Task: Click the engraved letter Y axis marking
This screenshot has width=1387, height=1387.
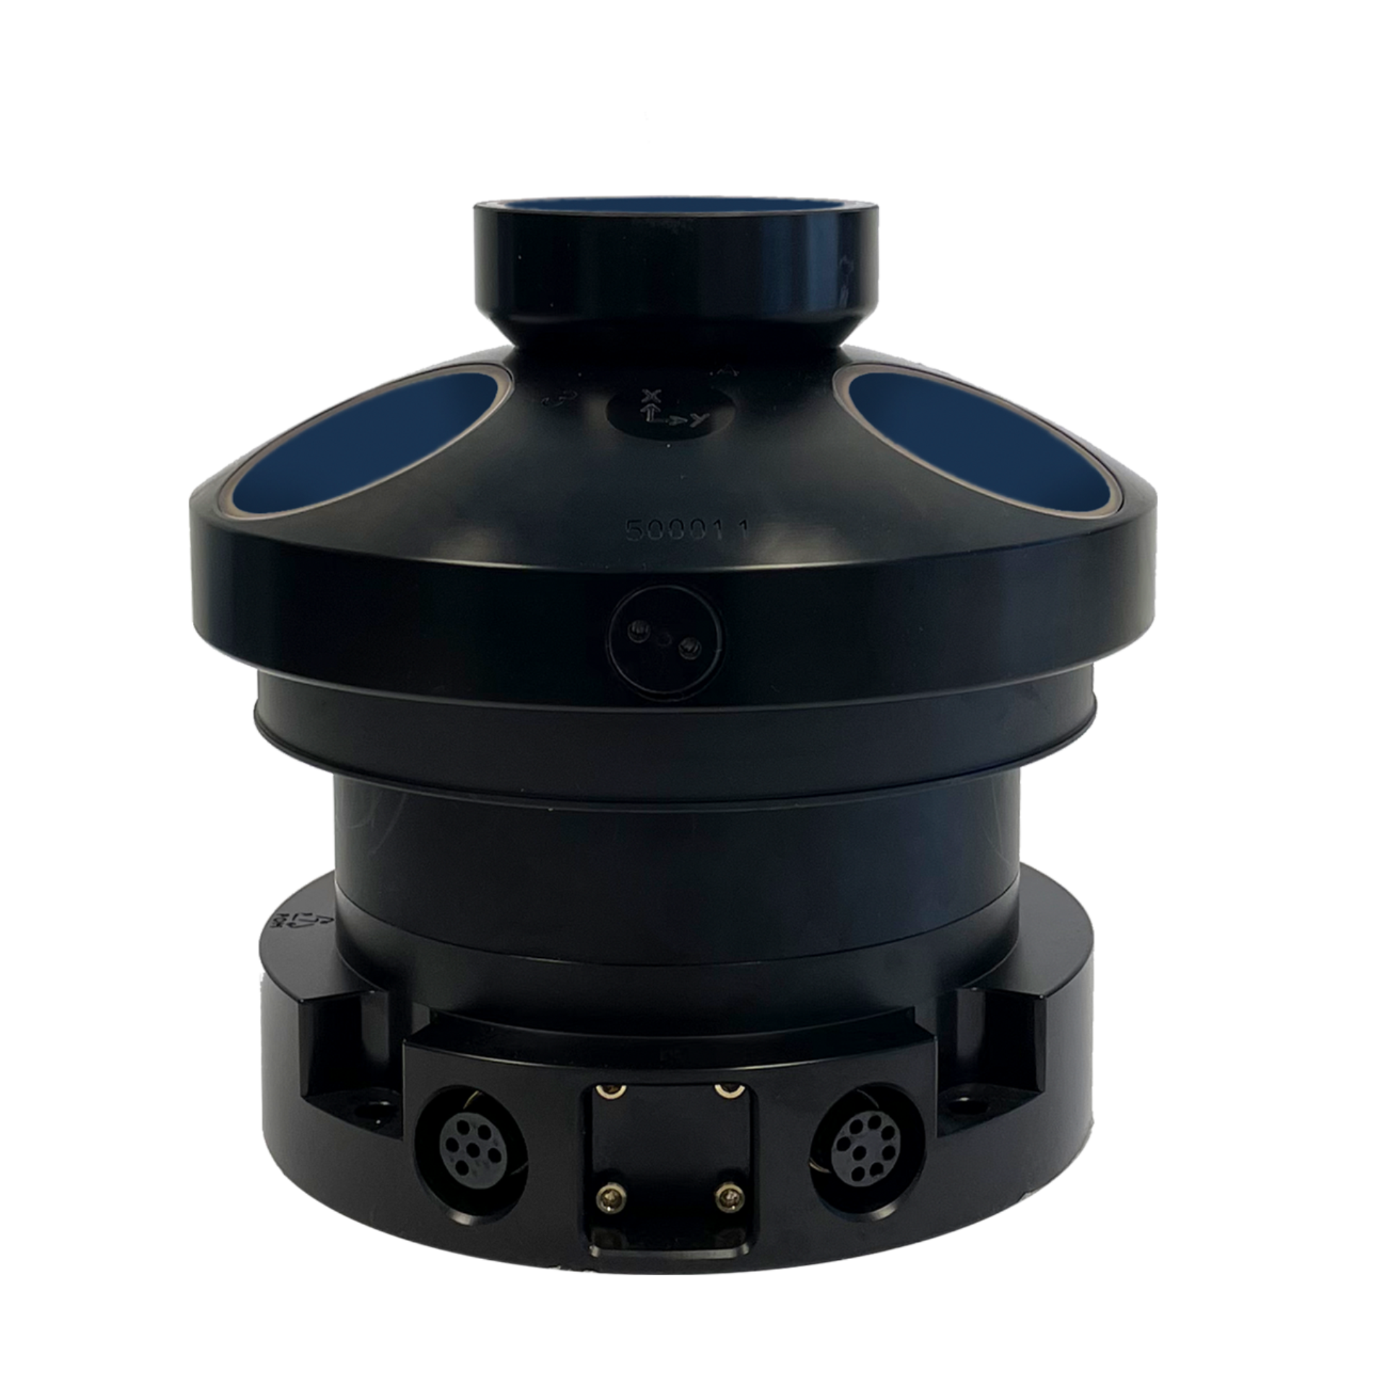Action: [694, 425]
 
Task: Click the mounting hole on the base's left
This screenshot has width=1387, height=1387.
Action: [373, 1107]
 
